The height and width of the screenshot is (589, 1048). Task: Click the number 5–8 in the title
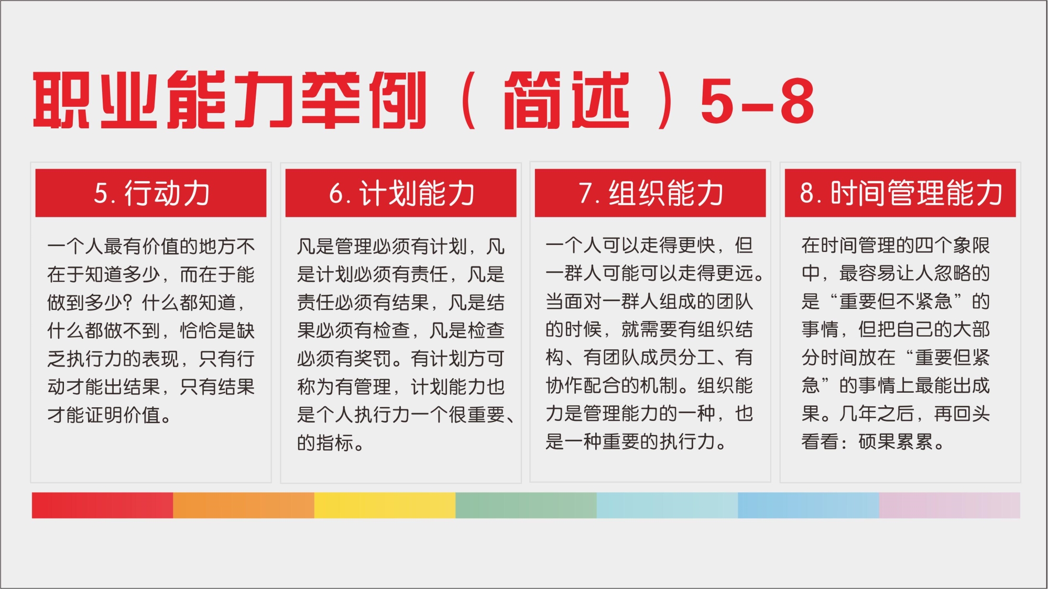pos(757,101)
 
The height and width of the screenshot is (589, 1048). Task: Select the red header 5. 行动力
pos(151,193)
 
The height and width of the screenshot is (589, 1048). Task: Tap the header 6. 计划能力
pos(401,193)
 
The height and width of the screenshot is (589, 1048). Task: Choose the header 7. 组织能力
pos(650,193)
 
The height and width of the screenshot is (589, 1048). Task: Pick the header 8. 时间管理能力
pos(900,193)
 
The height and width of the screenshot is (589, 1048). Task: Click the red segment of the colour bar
pos(102,505)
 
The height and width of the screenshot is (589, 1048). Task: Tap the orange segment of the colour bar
pos(244,505)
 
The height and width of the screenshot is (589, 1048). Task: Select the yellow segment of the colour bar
pos(385,505)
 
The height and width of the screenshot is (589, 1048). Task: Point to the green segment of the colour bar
pos(526,505)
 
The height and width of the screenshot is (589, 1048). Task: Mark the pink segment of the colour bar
pos(949,505)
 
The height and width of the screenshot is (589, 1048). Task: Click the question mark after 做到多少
pos(132,303)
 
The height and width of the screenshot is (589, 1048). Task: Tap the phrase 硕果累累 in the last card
pos(896,442)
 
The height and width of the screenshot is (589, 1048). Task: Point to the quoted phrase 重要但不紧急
pos(896,302)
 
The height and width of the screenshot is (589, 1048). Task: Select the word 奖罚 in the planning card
pos(373,359)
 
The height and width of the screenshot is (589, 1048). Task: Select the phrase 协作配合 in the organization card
pos(583,386)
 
